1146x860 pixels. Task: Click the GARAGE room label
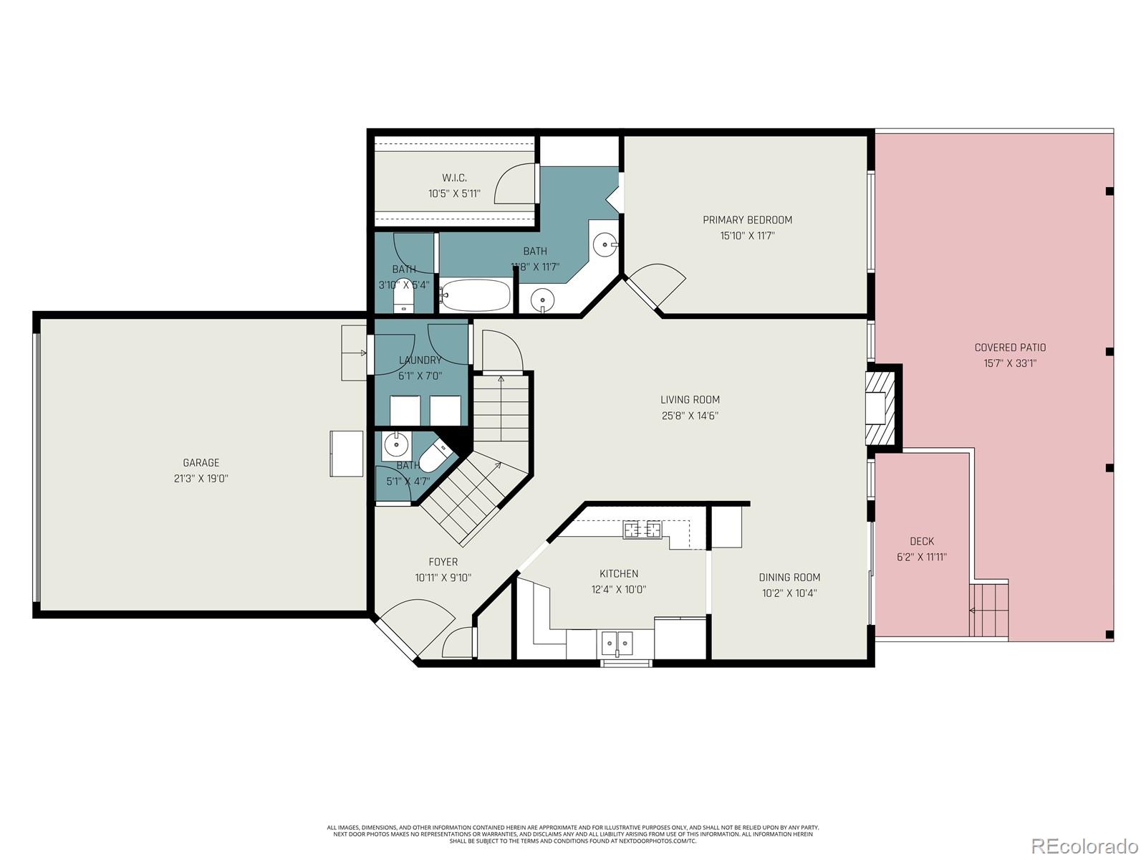pyautogui.click(x=201, y=463)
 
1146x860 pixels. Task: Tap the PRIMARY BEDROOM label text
pyautogui.click(x=747, y=220)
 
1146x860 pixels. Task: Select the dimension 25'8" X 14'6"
pyautogui.click(x=690, y=416)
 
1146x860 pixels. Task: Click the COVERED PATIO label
pyautogui.click(x=1010, y=348)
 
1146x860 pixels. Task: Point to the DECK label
pyautogui.click(x=922, y=542)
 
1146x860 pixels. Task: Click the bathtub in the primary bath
pyautogui.click(x=475, y=295)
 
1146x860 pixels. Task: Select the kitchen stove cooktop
pyautogui.click(x=642, y=530)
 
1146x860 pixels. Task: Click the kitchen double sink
pyautogui.click(x=617, y=643)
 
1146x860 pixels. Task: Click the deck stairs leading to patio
pyautogui.click(x=989, y=611)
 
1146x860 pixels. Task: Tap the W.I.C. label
pyautogui.click(x=454, y=178)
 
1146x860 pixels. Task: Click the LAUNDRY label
pyautogui.click(x=420, y=360)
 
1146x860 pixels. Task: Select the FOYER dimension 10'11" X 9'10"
pyautogui.click(x=443, y=578)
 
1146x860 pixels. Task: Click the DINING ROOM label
pyautogui.click(x=789, y=577)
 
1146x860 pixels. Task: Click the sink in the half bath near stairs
pyautogui.click(x=395, y=446)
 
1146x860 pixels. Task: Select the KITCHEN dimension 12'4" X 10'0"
pyautogui.click(x=619, y=590)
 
